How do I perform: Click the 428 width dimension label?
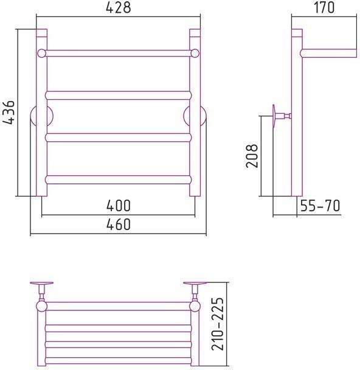point(118,8)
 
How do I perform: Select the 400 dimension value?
point(118,206)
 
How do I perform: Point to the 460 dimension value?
point(118,225)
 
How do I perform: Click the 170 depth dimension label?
point(324,7)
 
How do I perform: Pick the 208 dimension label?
point(252,156)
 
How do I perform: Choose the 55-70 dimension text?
point(320,206)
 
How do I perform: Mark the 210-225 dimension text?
point(217,324)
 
